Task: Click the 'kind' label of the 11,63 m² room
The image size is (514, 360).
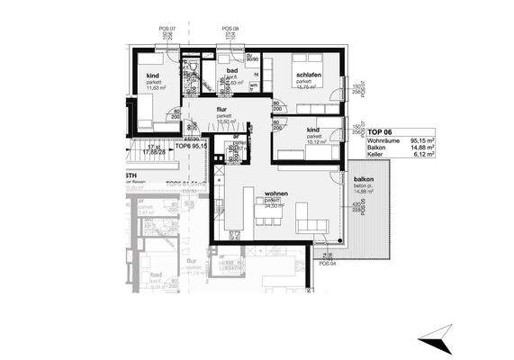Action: [153, 77]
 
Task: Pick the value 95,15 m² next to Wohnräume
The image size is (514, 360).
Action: [423, 141]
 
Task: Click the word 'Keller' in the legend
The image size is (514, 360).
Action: [375, 156]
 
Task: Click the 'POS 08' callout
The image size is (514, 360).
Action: [230, 30]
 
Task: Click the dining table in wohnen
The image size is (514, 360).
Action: [267, 214]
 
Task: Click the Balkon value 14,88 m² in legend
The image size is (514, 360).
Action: [423, 148]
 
